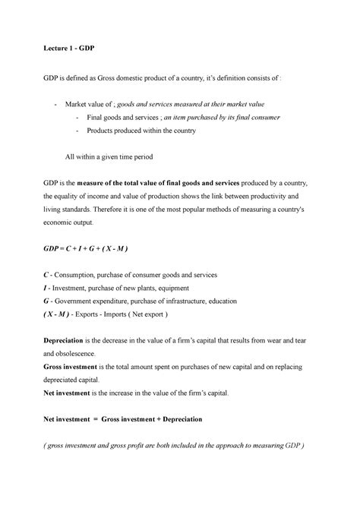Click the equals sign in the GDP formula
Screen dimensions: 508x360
(x=67, y=248)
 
